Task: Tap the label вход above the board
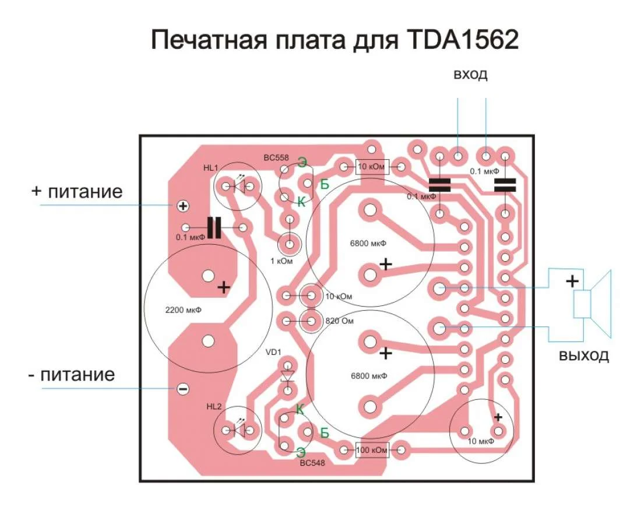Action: (470, 75)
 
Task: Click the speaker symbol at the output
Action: (591, 304)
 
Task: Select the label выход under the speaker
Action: (583, 355)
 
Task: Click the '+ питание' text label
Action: (77, 192)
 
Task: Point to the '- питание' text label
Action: (71, 374)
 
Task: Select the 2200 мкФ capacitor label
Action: (184, 311)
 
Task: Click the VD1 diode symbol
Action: (287, 375)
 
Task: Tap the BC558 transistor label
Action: (276, 157)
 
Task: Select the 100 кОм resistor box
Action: (372, 450)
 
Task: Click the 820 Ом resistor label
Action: (339, 321)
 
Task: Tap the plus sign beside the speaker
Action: (573, 282)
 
